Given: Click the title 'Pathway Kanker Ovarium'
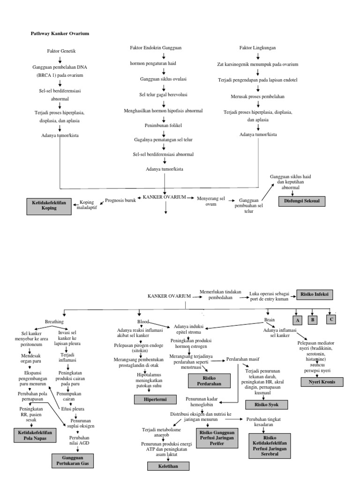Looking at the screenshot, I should pyautogui.click(x=60, y=34).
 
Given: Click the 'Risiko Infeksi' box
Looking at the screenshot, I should pyautogui.click(x=315, y=294).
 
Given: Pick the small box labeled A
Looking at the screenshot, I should pyautogui.click(x=296, y=320).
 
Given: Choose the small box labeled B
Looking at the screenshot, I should pyautogui.click(x=313, y=320).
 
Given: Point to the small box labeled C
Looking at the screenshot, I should pyautogui.click(x=331, y=320).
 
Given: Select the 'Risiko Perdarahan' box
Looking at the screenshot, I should pyautogui.click(x=210, y=381).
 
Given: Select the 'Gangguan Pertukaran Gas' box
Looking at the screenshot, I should pyautogui.click(x=73, y=460).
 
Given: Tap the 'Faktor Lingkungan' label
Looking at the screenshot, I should pyautogui.click(x=257, y=48).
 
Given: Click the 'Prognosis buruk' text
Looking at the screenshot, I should pyautogui.click(x=120, y=200).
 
